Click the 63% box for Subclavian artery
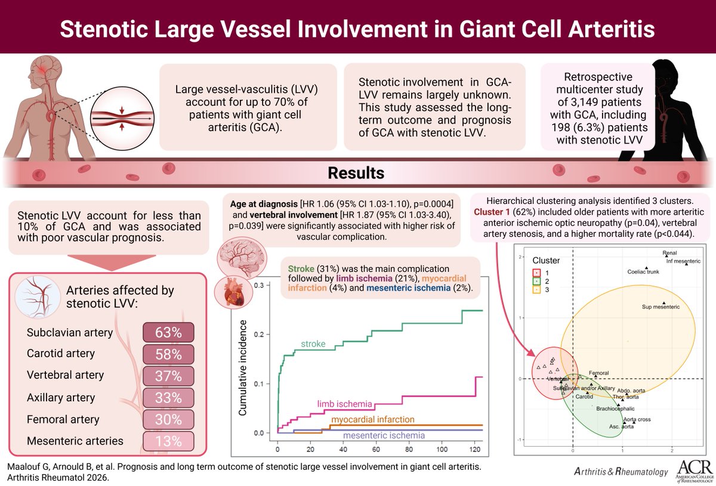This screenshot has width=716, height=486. (x=168, y=332)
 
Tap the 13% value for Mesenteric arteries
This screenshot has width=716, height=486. (x=168, y=441)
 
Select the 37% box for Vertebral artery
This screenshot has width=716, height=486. (x=168, y=376)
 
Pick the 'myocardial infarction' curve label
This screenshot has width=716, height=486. (x=373, y=420)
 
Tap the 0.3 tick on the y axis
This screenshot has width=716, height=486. (x=258, y=286)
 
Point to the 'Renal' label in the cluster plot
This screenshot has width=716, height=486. (x=669, y=253)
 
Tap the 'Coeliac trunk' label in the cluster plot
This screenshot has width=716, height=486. (x=643, y=272)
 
